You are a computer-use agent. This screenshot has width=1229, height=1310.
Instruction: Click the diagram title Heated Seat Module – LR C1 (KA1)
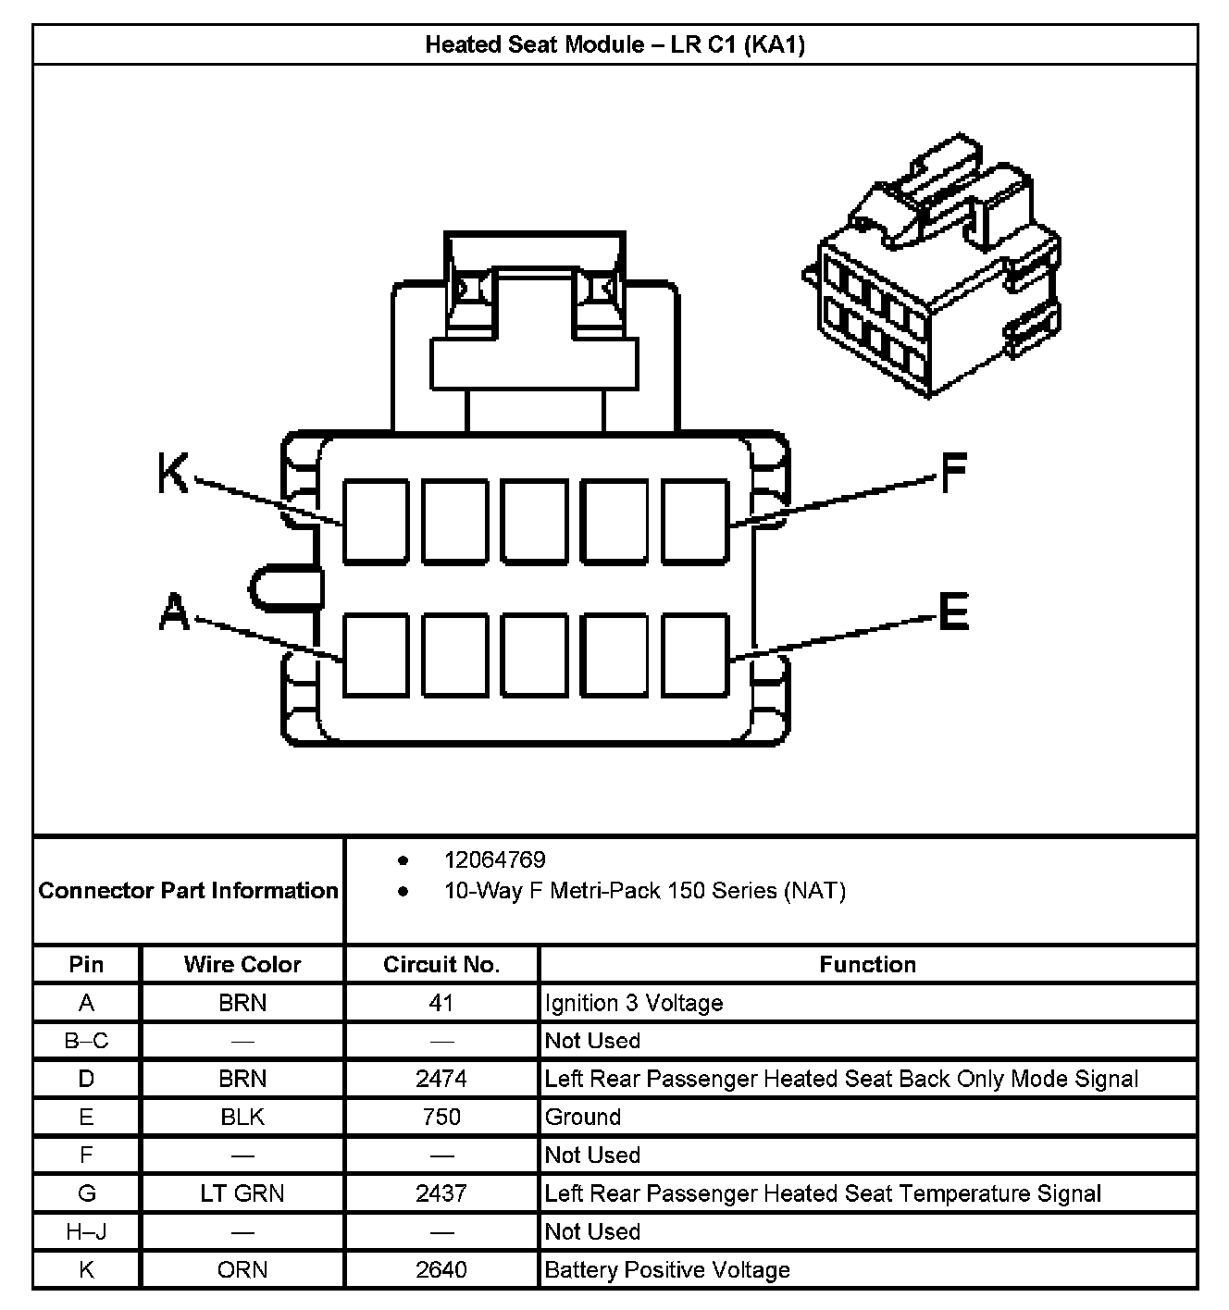coord(614,44)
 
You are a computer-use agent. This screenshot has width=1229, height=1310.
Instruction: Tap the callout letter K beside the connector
coord(173,474)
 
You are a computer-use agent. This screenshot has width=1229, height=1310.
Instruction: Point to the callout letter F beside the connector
coord(953,474)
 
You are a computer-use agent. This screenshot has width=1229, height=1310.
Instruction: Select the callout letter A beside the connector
coord(173,612)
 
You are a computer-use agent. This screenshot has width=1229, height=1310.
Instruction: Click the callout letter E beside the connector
coord(953,612)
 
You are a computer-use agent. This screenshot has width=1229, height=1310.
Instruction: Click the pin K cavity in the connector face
coord(376,521)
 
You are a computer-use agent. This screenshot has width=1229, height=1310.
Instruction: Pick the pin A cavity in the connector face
coord(376,654)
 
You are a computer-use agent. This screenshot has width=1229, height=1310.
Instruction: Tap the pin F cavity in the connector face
coord(695,521)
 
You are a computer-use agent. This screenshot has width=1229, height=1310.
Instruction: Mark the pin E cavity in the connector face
coord(695,654)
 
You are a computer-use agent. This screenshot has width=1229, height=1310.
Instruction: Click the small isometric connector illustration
coord(933,268)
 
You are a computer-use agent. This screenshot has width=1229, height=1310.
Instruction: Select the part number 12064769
coord(494,860)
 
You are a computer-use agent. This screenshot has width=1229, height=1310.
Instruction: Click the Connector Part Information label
coord(189,891)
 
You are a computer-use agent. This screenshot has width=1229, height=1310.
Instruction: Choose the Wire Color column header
coord(242,965)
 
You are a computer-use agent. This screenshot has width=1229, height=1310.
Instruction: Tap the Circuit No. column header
coord(441,965)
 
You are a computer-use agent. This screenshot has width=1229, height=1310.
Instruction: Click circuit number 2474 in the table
coord(441,1079)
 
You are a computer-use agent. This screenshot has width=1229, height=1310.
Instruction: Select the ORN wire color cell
coord(242,1269)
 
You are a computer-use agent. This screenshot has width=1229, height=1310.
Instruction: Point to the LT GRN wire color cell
coord(242,1193)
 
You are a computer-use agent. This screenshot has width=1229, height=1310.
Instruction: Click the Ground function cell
coord(583,1117)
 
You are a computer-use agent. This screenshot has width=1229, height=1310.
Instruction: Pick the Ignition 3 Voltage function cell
coord(634,1003)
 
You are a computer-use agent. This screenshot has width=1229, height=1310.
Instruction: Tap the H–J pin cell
coord(86,1231)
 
